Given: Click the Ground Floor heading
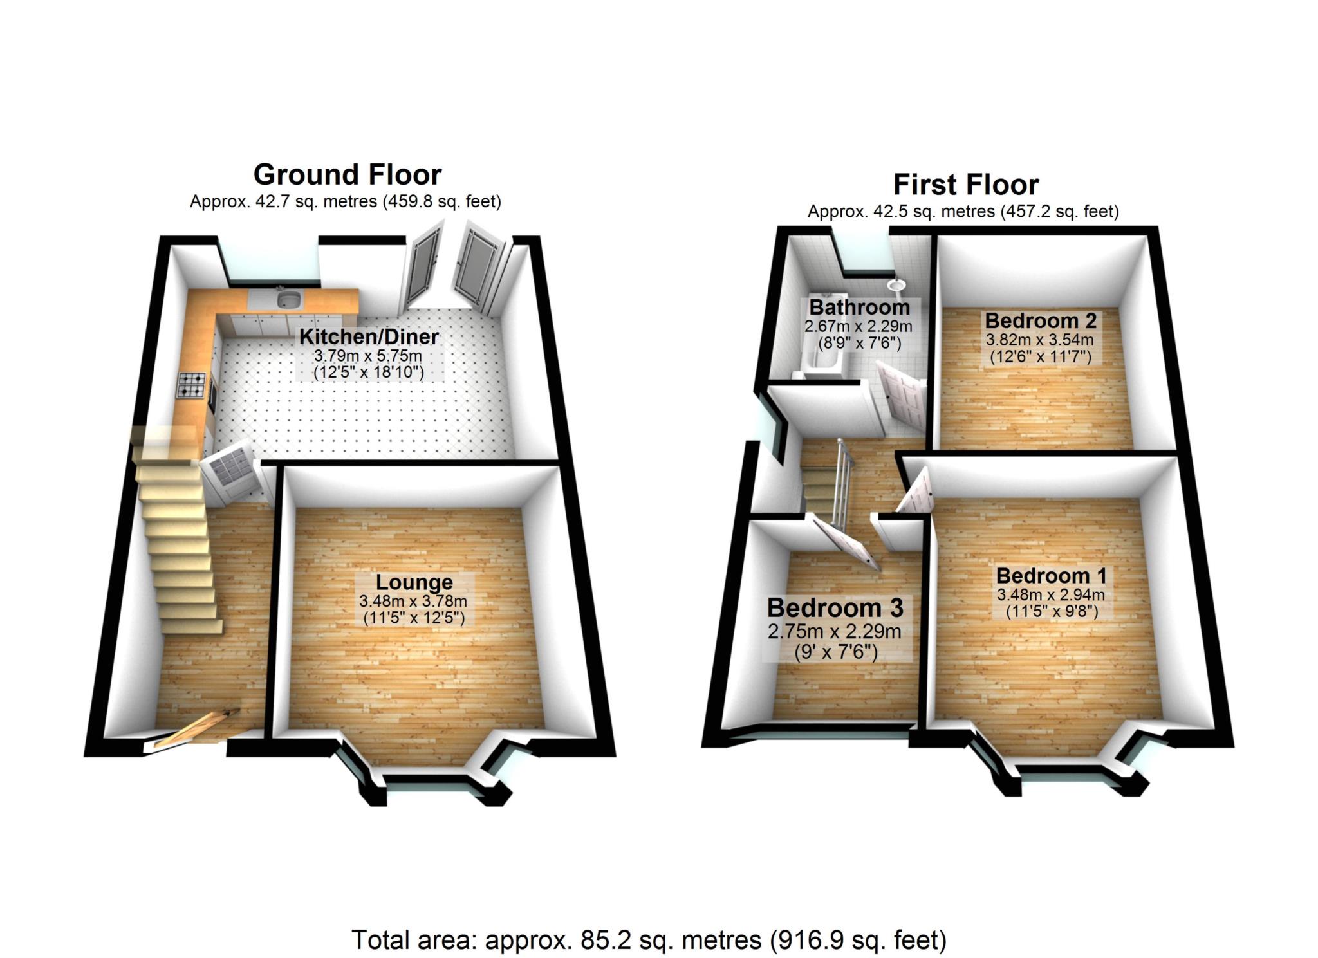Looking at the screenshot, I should coord(347,174).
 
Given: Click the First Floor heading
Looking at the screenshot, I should coord(965,185).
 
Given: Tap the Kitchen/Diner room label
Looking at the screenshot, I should coord(369,336).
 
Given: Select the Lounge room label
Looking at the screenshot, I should coord(414,582).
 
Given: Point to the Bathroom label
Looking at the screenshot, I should coord(859,307).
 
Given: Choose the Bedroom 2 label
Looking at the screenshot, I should coord(1040,320).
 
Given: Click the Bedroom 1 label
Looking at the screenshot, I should coord(1051,575).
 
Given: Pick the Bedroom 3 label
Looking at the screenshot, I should coord(835,607).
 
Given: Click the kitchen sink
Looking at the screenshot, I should coord(289,300).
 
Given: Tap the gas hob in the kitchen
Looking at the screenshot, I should coord(192,385).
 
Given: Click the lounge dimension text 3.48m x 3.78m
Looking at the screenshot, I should coord(413,602).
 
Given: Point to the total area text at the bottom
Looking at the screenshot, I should coord(649,940).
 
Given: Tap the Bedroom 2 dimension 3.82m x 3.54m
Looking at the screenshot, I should coord(1039,340).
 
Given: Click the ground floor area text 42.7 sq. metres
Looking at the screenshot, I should coord(345,201).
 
